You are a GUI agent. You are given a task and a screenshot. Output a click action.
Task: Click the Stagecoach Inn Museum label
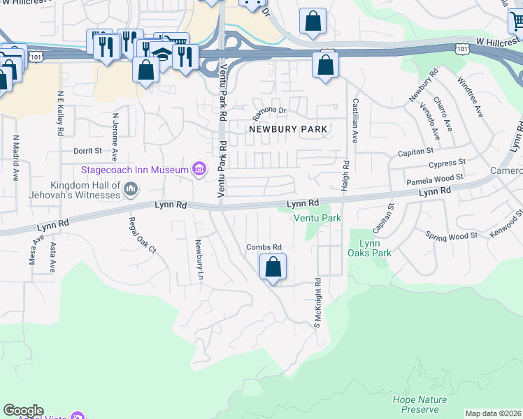pyautogui.click(x=135, y=170)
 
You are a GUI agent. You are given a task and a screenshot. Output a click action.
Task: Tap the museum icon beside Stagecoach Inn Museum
pyautogui.click(x=199, y=169)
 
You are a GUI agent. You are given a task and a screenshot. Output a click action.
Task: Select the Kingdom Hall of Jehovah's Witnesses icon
pyautogui.click(x=131, y=188)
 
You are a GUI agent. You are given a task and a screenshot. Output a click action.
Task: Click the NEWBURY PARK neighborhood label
pyautogui.click(x=288, y=129)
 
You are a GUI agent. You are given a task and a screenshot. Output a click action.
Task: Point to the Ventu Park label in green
pyautogui.click(x=317, y=218)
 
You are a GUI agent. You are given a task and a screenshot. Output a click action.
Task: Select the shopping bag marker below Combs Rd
pyautogui.click(x=273, y=267)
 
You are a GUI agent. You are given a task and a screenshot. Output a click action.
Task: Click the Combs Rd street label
pyautogui.click(x=264, y=247)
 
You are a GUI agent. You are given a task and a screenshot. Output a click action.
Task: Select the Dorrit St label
pyautogui.click(x=87, y=150)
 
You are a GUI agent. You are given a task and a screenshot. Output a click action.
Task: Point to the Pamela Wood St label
pyautogui.click(x=436, y=179)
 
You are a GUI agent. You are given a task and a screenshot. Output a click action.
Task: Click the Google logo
pyautogui.click(x=23, y=411)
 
